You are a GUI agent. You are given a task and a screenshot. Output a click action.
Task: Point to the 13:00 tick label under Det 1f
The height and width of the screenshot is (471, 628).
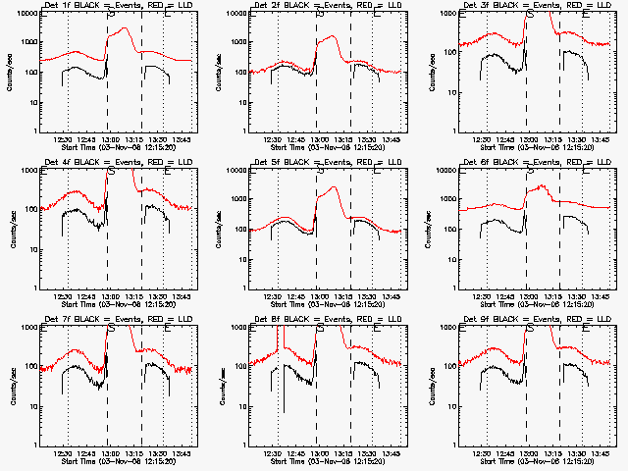click(111, 140)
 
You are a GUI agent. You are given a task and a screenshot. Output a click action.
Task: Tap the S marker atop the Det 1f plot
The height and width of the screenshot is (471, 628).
click(111, 15)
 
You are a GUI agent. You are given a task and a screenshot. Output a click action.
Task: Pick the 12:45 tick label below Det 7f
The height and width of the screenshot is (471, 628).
click(86, 454)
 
